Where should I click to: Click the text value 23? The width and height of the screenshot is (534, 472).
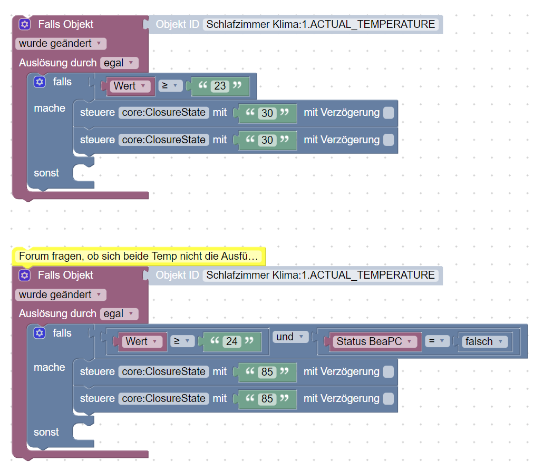[220, 86]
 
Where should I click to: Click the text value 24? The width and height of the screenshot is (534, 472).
[232, 341]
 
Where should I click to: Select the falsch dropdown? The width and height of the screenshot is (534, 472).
[483, 341]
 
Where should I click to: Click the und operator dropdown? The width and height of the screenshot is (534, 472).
[290, 337]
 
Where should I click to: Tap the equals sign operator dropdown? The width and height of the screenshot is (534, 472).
[436, 341]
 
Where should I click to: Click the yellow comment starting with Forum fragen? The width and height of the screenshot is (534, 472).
[139, 256]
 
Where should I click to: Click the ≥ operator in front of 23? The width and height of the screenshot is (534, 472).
[170, 86]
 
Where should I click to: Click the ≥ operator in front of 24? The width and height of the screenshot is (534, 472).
[182, 341]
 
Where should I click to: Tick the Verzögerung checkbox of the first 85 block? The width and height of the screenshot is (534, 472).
[388, 371]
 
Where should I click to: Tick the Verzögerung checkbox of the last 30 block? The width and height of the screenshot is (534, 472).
[388, 140]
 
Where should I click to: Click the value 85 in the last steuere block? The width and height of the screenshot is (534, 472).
[267, 399]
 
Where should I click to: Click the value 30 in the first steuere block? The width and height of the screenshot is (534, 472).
[267, 113]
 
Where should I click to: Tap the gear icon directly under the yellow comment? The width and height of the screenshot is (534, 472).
[25, 275]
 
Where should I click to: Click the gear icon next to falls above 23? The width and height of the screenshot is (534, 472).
[40, 82]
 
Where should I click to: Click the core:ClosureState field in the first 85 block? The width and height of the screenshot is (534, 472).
[163, 371]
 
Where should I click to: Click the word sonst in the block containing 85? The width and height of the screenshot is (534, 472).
[46, 432]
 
